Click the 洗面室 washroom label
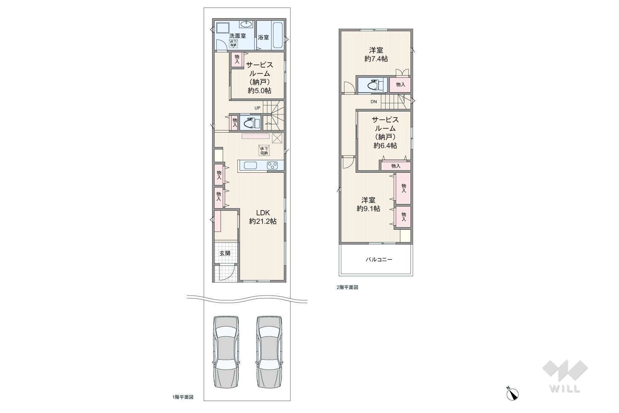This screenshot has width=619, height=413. [x=238, y=36]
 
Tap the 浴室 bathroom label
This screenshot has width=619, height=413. [x=263, y=37]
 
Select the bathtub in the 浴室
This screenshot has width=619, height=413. [x=278, y=36]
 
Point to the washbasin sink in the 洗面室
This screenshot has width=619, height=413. [x=247, y=24]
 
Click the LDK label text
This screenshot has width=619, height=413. [x=263, y=213]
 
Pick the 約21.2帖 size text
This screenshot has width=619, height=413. [x=263, y=221]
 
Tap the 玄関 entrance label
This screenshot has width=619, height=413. [x=225, y=253]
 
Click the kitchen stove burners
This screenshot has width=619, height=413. [x=272, y=165]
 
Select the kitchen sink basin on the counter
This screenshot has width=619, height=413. [x=250, y=165]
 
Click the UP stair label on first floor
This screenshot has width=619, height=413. [x=257, y=108]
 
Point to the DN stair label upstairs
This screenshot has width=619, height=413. [x=374, y=101]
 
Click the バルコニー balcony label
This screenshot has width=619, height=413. [x=379, y=259]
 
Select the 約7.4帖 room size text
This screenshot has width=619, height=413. [x=376, y=59]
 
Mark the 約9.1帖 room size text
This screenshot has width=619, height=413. [x=368, y=209]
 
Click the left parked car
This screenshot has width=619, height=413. [x=227, y=352]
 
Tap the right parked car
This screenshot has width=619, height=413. [x=269, y=352]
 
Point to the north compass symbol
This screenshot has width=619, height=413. [x=512, y=394]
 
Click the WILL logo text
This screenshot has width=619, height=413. [x=565, y=389]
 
